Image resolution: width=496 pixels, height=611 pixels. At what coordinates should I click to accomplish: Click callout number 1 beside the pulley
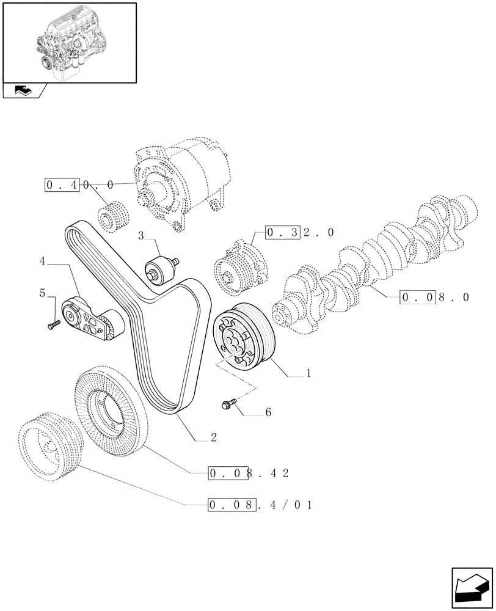coord(309,373)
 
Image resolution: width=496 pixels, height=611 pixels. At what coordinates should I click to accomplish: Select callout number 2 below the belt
coord(213,437)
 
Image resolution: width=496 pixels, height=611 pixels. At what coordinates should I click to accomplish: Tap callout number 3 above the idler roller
coord(140,235)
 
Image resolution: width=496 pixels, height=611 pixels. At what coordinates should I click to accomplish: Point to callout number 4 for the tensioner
coord(43,262)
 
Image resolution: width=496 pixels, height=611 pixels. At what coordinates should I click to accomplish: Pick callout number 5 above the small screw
coord(43,293)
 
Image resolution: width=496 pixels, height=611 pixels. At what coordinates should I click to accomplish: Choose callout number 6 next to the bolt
coord(267,414)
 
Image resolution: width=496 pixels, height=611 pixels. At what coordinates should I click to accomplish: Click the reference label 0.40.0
coord(79,184)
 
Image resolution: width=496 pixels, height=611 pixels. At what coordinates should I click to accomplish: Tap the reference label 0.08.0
coord(435,298)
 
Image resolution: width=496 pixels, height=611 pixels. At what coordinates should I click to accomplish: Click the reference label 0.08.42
coord(248,473)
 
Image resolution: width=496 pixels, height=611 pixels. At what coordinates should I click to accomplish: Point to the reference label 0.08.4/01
coord(260,505)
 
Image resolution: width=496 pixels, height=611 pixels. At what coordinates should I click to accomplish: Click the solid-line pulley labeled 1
coord(243,336)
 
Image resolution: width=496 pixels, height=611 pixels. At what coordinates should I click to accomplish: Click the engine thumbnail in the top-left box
coord(68,42)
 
